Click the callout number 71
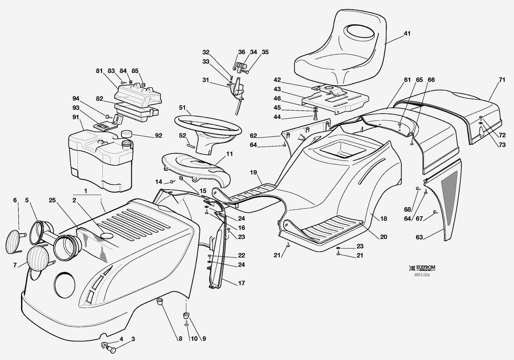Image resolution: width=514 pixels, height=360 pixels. pyautogui.click(x=502, y=80)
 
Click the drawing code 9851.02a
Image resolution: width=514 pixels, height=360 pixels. pyautogui.click(x=421, y=275)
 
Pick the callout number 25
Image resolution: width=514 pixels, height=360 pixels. pyautogui.click(x=52, y=200)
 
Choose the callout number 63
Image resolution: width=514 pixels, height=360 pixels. pyautogui.click(x=419, y=237)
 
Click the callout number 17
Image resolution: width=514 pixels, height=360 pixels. pyautogui.click(x=241, y=283)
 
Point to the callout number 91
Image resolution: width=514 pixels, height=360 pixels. pyautogui.click(x=75, y=117)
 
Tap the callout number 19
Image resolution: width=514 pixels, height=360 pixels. pyautogui.click(x=253, y=172)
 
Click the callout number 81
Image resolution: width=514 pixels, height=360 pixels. pyautogui.click(x=99, y=71)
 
